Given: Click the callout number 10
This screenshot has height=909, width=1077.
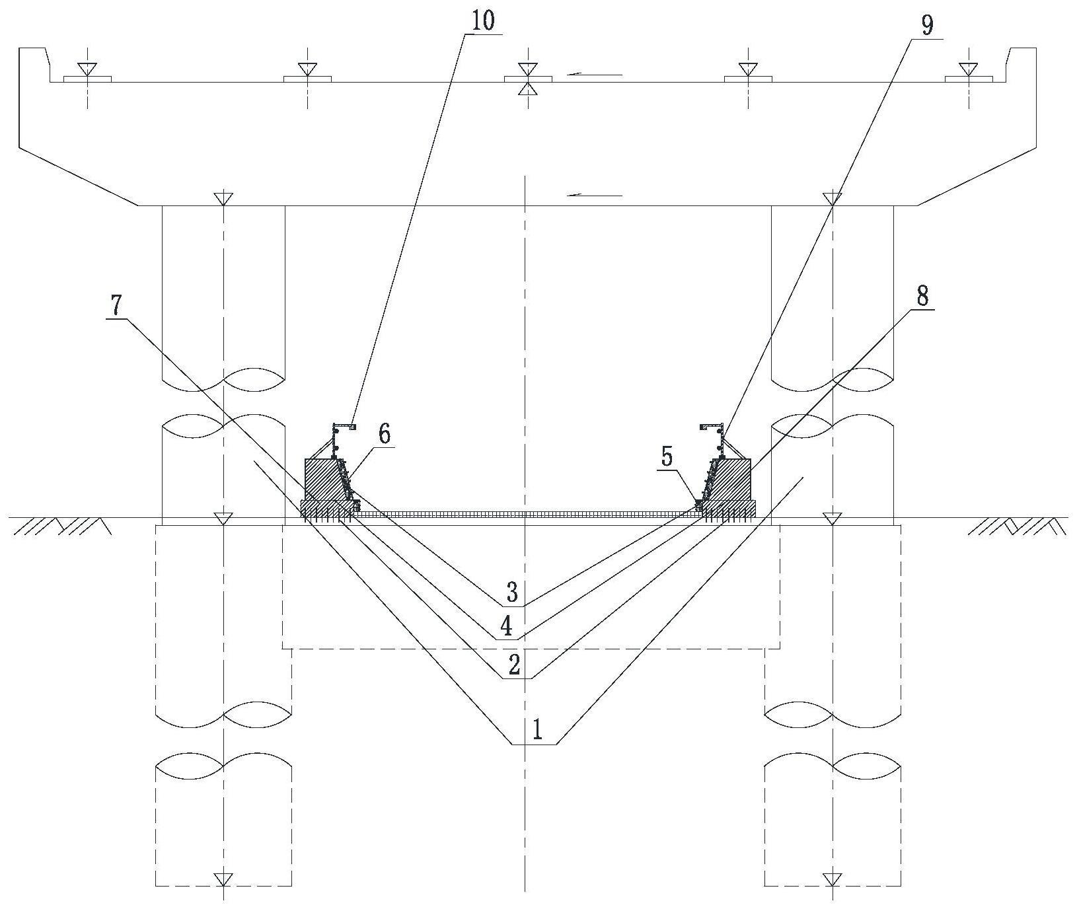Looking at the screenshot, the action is [483, 20].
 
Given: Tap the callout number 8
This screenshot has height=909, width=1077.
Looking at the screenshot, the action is [922, 297].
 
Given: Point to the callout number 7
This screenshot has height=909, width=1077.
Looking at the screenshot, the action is [116, 306].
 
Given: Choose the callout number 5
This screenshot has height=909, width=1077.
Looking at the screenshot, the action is [667, 458].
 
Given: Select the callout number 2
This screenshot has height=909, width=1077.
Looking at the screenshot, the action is [515, 665].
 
